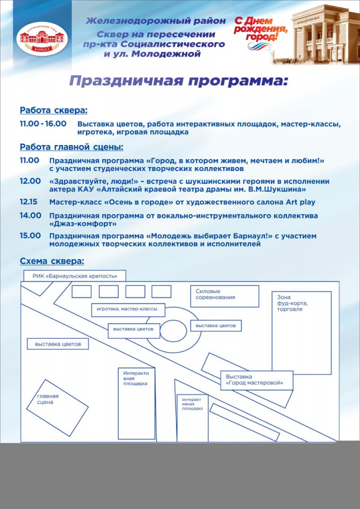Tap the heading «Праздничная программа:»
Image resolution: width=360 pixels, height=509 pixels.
point(178,81)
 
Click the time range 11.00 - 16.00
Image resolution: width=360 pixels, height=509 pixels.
point(43,123)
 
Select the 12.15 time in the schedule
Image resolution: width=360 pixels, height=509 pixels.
point(29,202)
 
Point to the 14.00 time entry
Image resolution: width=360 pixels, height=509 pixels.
point(30,215)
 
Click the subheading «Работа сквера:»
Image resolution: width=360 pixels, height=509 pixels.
point(53,110)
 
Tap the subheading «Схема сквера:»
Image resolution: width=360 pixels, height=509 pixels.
point(52,261)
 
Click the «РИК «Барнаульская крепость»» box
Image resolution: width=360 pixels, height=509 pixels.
point(75,276)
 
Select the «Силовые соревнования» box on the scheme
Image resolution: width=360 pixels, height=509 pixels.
point(224,296)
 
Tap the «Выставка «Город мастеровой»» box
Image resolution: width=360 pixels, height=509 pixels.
point(257,380)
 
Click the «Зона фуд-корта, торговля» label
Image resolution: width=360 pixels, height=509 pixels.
point(290,303)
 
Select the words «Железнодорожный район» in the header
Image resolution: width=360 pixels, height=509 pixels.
point(156,21)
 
